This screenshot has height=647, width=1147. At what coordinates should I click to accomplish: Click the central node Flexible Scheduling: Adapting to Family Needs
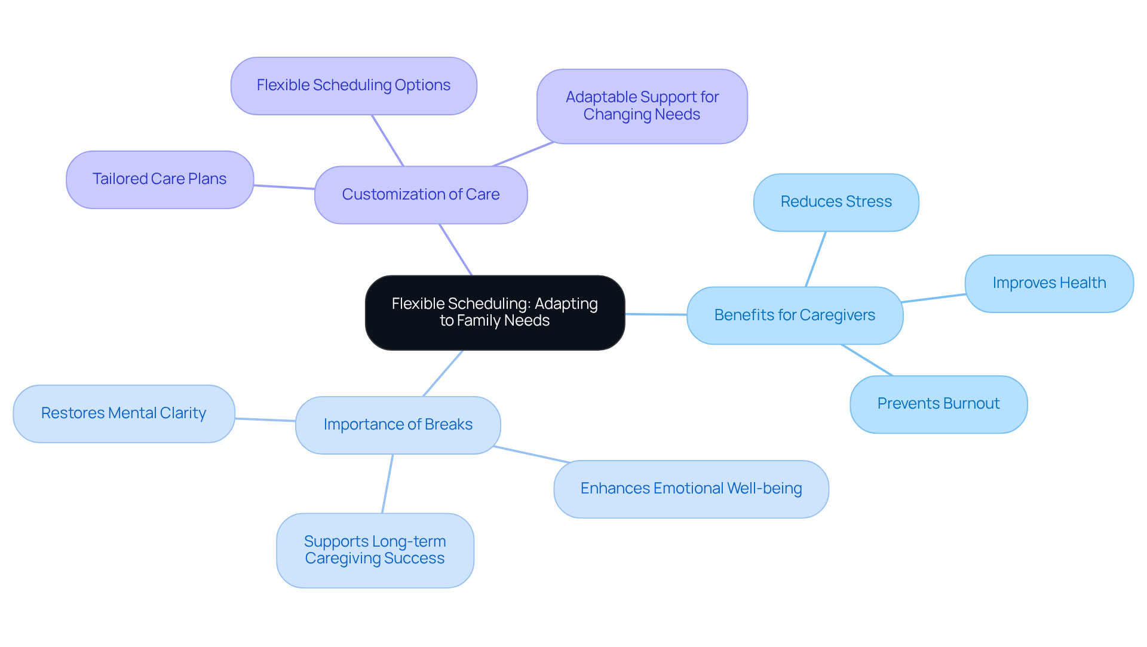click(495, 312)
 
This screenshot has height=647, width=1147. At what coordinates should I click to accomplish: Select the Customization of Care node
click(421, 195)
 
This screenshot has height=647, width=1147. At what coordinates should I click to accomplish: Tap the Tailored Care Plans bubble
click(160, 179)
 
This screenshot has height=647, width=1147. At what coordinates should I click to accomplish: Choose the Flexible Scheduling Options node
click(354, 85)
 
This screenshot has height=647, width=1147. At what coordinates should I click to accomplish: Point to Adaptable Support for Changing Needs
click(642, 106)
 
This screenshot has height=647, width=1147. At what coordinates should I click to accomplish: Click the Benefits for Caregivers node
click(795, 315)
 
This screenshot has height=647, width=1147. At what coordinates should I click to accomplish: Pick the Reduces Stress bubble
click(836, 202)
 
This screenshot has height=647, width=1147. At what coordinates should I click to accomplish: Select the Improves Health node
click(1049, 283)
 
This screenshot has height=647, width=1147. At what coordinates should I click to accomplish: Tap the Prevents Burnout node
click(938, 404)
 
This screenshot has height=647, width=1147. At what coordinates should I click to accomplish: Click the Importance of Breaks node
click(398, 425)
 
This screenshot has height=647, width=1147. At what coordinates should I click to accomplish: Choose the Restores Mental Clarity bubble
click(124, 413)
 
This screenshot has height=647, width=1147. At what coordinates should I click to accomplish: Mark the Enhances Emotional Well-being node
click(691, 489)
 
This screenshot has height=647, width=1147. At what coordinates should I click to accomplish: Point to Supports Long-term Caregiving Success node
click(375, 550)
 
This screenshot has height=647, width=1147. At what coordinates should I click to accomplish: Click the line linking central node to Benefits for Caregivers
click(656, 314)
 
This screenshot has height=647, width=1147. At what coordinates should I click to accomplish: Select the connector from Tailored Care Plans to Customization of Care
click(284, 187)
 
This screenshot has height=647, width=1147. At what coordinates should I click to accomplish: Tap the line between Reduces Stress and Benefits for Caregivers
click(815, 259)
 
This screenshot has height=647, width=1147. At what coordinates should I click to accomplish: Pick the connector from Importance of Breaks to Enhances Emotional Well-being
click(532, 455)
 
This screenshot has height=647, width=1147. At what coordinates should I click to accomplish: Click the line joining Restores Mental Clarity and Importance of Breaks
click(265, 420)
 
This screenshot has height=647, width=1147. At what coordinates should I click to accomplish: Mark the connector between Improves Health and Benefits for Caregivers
click(933, 298)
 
